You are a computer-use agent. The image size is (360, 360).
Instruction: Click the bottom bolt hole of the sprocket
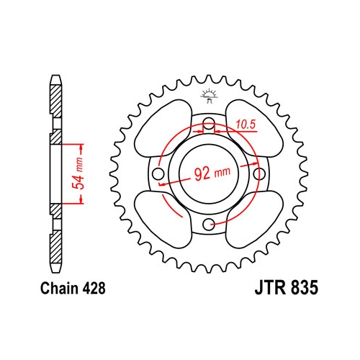coord(209,225)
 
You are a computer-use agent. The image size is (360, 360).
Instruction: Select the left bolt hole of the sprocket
coord(158,174)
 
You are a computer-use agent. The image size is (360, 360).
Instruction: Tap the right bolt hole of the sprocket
coord(259,174)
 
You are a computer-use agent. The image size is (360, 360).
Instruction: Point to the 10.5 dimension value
coord(246,125)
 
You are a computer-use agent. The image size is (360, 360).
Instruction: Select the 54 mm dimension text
coord(79,174)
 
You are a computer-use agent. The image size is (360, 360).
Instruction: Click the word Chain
coord(59,288)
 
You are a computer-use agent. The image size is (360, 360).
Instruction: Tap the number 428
coord(94,288)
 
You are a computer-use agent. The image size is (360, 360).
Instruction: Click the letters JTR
coord(271,287)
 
